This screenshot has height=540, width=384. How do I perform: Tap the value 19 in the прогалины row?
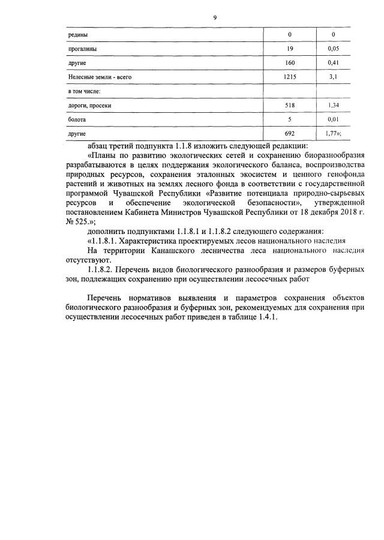(289, 49)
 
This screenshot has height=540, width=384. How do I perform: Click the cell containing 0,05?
(334, 49)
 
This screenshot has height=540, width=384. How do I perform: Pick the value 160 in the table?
(289, 63)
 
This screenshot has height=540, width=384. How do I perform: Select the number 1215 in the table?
(289, 77)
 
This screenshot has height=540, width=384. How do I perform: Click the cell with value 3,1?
(334, 77)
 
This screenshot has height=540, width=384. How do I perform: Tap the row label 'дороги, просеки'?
(90, 106)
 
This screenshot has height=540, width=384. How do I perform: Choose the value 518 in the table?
(289, 106)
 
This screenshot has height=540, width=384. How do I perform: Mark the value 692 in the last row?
(289, 134)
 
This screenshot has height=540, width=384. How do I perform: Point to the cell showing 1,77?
(332, 134)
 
